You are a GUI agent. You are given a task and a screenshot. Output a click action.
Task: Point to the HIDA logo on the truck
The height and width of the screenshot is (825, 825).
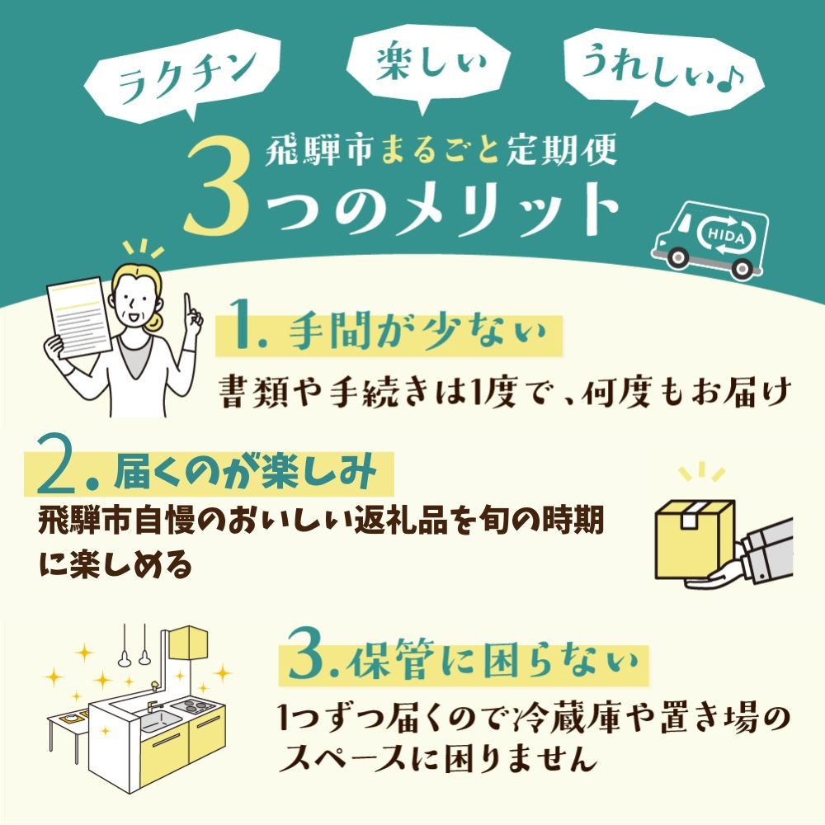click(727, 237)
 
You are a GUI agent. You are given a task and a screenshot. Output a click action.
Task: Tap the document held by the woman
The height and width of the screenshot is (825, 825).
click(79, 318)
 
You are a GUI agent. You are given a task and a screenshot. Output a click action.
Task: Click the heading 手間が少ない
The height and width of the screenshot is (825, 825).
click(417, 332)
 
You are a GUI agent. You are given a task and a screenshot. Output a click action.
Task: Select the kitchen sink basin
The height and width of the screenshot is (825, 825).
click(157, 719)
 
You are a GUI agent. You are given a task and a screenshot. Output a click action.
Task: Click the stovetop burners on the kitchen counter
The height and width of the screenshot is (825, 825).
click(196, 705)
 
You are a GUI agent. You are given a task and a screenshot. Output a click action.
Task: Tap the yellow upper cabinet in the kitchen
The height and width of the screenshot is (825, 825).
click(188, 643)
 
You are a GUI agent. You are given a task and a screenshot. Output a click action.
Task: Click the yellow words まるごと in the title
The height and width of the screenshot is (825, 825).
click(440, 150)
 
